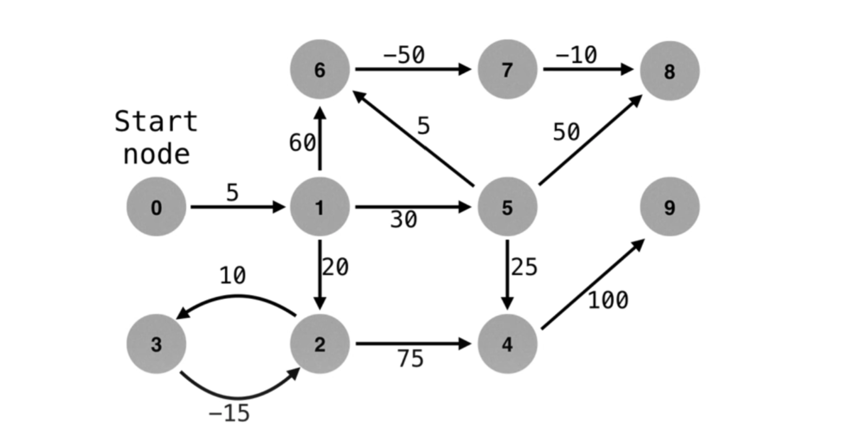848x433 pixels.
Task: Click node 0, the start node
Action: (x=156, y=207)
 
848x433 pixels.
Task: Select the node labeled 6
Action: (x=320, y=69)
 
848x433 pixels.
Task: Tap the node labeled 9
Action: (x=670, y=207)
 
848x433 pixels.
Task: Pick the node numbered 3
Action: (x=156, y=344)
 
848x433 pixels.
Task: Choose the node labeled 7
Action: (x=507, y=69)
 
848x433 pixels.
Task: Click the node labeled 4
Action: (x=507, y=344)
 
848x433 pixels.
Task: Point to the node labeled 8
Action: (x=670, y=71)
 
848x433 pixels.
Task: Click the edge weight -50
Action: (x=404, y=55)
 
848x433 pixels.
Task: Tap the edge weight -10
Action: (x=576, y=55)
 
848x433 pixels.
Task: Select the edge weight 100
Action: (x=608, y=300)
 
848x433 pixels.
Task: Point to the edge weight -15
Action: (x=229, y=414)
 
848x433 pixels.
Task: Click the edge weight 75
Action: (x=410, y=358)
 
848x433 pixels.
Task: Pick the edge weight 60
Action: (x=302, y=143)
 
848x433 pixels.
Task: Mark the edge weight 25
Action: (x=524, y=267)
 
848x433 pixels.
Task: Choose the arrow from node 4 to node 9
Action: (x=592, y=285)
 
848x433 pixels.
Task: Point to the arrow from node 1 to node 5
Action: (x=413, y=207)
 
